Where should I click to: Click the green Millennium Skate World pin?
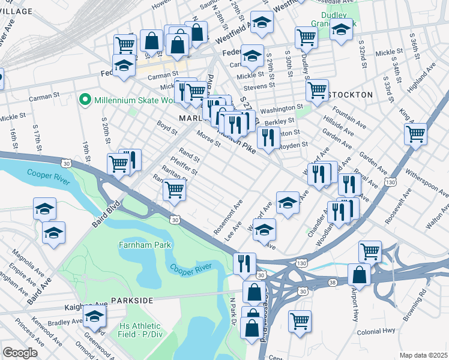point(85,100)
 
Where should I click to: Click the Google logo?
point(20,353)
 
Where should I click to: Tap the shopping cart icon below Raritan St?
point(174,190)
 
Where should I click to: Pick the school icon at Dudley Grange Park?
point(340,30)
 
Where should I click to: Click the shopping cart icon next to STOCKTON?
point(317,90)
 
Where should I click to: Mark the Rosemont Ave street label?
point(229,218)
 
